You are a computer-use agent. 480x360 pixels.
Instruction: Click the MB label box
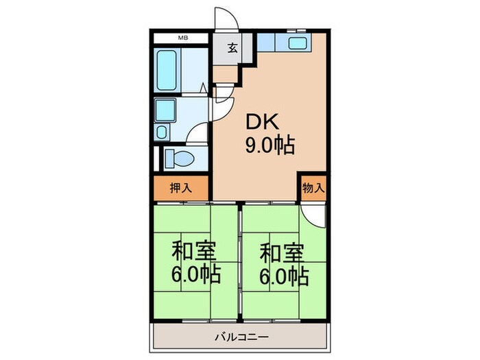pos(182,38)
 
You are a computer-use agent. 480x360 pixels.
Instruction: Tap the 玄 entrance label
pos(233,48)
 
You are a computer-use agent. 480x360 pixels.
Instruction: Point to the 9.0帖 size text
pos(270,145)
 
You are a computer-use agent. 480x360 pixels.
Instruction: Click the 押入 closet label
pos(181,188)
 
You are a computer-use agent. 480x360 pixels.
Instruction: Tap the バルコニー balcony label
pos(239,338)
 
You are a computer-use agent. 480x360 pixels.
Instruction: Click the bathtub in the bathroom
pos(169,71)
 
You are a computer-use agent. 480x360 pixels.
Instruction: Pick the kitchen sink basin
pos(298,45)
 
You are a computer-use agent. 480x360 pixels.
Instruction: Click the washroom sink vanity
pos(165,110)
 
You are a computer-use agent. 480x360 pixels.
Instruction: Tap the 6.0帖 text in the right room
pos(283,276)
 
